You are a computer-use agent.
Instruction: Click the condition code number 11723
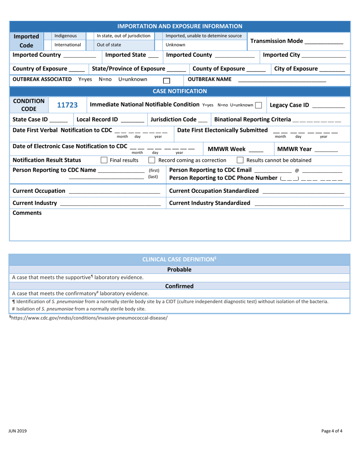[64, 105]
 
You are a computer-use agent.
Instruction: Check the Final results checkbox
[104, 160]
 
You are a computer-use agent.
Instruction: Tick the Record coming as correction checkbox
[152, 160]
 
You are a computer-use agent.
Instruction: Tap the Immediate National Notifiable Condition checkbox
[259, 105]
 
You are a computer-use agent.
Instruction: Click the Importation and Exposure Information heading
[180, 26]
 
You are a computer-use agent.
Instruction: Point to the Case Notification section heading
[180, 91]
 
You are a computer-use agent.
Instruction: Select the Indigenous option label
[66, 36]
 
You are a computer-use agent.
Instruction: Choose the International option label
[67, 44]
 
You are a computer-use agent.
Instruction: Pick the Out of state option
[106, 44]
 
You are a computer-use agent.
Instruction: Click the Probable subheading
[179, 270]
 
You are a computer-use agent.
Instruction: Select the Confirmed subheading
[179, 286]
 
